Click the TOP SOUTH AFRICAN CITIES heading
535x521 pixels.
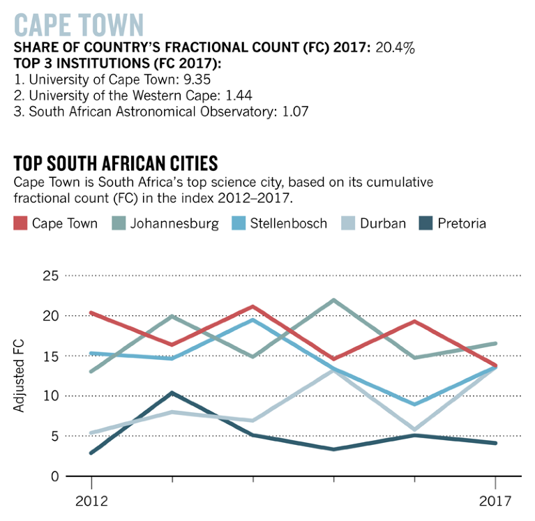[x=116, y=164]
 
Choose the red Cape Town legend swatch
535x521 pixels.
[x=21, y=223]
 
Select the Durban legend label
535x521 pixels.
[x=383, y=224]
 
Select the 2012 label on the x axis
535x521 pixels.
[x=91, y=501]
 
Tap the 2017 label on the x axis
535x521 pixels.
[x=495, y=501]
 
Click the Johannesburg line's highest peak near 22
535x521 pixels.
[x=334, y=301]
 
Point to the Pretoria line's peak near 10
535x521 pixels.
[x=172, y=393]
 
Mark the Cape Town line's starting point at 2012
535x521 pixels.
[x=91, y=313]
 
